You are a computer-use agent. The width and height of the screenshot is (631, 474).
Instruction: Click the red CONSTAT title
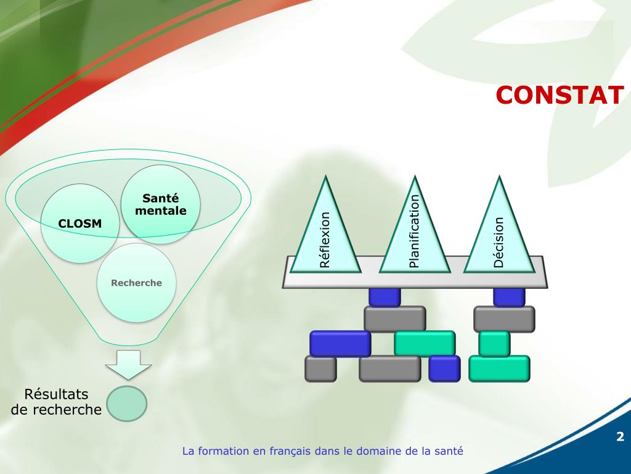click(560, 95)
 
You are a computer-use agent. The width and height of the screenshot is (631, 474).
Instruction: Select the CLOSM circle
click(79, 223)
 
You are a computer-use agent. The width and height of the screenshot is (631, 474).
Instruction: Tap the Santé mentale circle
click(160, 204)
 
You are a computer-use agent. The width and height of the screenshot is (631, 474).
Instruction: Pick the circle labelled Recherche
click(136, 283)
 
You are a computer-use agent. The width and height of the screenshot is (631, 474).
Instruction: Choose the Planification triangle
click(413, 231)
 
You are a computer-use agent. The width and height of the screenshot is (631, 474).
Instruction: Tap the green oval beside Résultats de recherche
click(126, 403)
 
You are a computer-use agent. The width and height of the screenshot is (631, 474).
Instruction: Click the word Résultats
click(56, 394)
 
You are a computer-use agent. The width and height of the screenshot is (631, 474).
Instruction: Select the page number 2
click(620, 438)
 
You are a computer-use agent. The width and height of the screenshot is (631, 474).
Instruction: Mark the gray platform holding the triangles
click(414, 279)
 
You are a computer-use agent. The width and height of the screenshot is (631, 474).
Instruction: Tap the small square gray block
click(320, 368)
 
